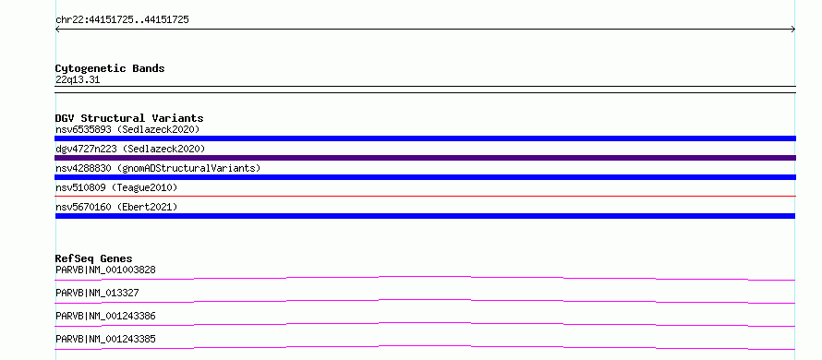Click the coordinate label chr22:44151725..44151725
coord(122,20)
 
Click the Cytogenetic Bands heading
coord(110,68)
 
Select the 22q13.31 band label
coord(78,80)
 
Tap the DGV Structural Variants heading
coord(129,118)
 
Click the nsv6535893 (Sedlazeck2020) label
coord(127,129)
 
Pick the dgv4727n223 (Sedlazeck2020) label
coord(130,149)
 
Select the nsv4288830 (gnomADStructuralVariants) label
coord(158,168)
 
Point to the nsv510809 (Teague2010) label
coord(116,187)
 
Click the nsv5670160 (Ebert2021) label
coord(116,207)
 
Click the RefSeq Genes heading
coord(94,258)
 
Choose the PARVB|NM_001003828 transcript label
coord(105,270)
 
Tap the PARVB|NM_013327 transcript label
coord(97,293)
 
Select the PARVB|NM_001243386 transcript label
coord(105,316)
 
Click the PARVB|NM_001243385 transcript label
coord(105,339)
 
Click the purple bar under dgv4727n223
coord(425,158)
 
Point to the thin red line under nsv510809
coord(425,196)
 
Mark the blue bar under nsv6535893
coord(425,138)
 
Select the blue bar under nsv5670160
coord(425,216)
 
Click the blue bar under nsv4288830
coord(425,177)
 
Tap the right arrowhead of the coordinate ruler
coord(794,30)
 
